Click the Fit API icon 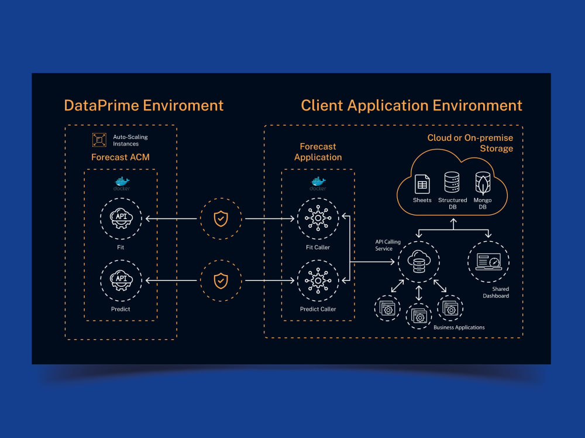(x=121, y=218)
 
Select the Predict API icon (x=121, y=280)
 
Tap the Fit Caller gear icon (x=318, y=218)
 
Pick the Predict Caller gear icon (x=318, y=280)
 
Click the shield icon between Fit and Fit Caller (x=221, y=218)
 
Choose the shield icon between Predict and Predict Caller (x=221, y=281)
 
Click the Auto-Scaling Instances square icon (x=99, y=140)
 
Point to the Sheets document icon (x=422, y=184)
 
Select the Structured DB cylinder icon (x=452, y=182)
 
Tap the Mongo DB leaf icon (x=483, y=183)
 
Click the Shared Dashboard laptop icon (x=488, y=262)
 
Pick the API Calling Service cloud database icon (x=419, y=262)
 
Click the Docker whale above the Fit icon (x=122, y=182)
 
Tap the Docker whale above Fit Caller (x=318, y=182)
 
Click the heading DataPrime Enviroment (x=144, y=105)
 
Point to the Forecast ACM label (x=121, y=157)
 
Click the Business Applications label (x=459, y=328)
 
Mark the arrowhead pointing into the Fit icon (x=148, y=218)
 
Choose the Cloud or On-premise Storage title (x=470, y=143)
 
